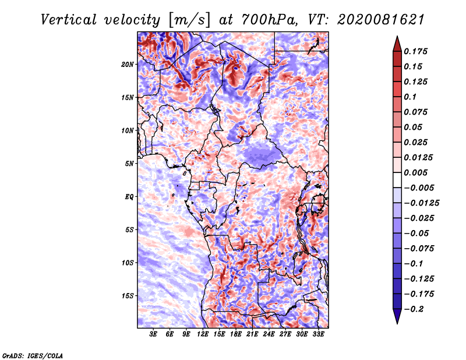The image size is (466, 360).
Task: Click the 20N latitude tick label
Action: (127, 65)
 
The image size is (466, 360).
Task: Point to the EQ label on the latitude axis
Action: (129, 197)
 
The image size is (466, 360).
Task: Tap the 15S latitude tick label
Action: (127, 296)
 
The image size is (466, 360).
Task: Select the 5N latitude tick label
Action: (129, 164)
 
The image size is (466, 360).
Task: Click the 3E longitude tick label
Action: (153, 334)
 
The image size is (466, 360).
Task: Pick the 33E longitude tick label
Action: (318, 334)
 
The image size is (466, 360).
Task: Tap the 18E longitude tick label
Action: (236, 334)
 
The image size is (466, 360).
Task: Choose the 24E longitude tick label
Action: (269, 334)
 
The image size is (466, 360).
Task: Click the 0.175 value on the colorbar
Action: (415, 51)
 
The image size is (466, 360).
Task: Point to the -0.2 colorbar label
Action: (414, 309)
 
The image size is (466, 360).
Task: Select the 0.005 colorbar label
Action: (415, 172)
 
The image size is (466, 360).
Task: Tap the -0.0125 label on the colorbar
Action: (421, 203)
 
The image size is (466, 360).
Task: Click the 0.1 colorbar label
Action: (410, 97)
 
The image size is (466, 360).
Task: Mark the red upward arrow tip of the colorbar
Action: (397, 37)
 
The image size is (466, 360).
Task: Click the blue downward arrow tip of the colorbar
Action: (397, 323)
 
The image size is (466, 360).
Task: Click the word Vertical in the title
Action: (68, 20)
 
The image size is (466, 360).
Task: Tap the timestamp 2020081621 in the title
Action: (381, 20)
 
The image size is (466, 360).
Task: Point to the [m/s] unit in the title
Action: (189, 20)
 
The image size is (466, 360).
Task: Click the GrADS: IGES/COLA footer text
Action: (33, 355)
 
